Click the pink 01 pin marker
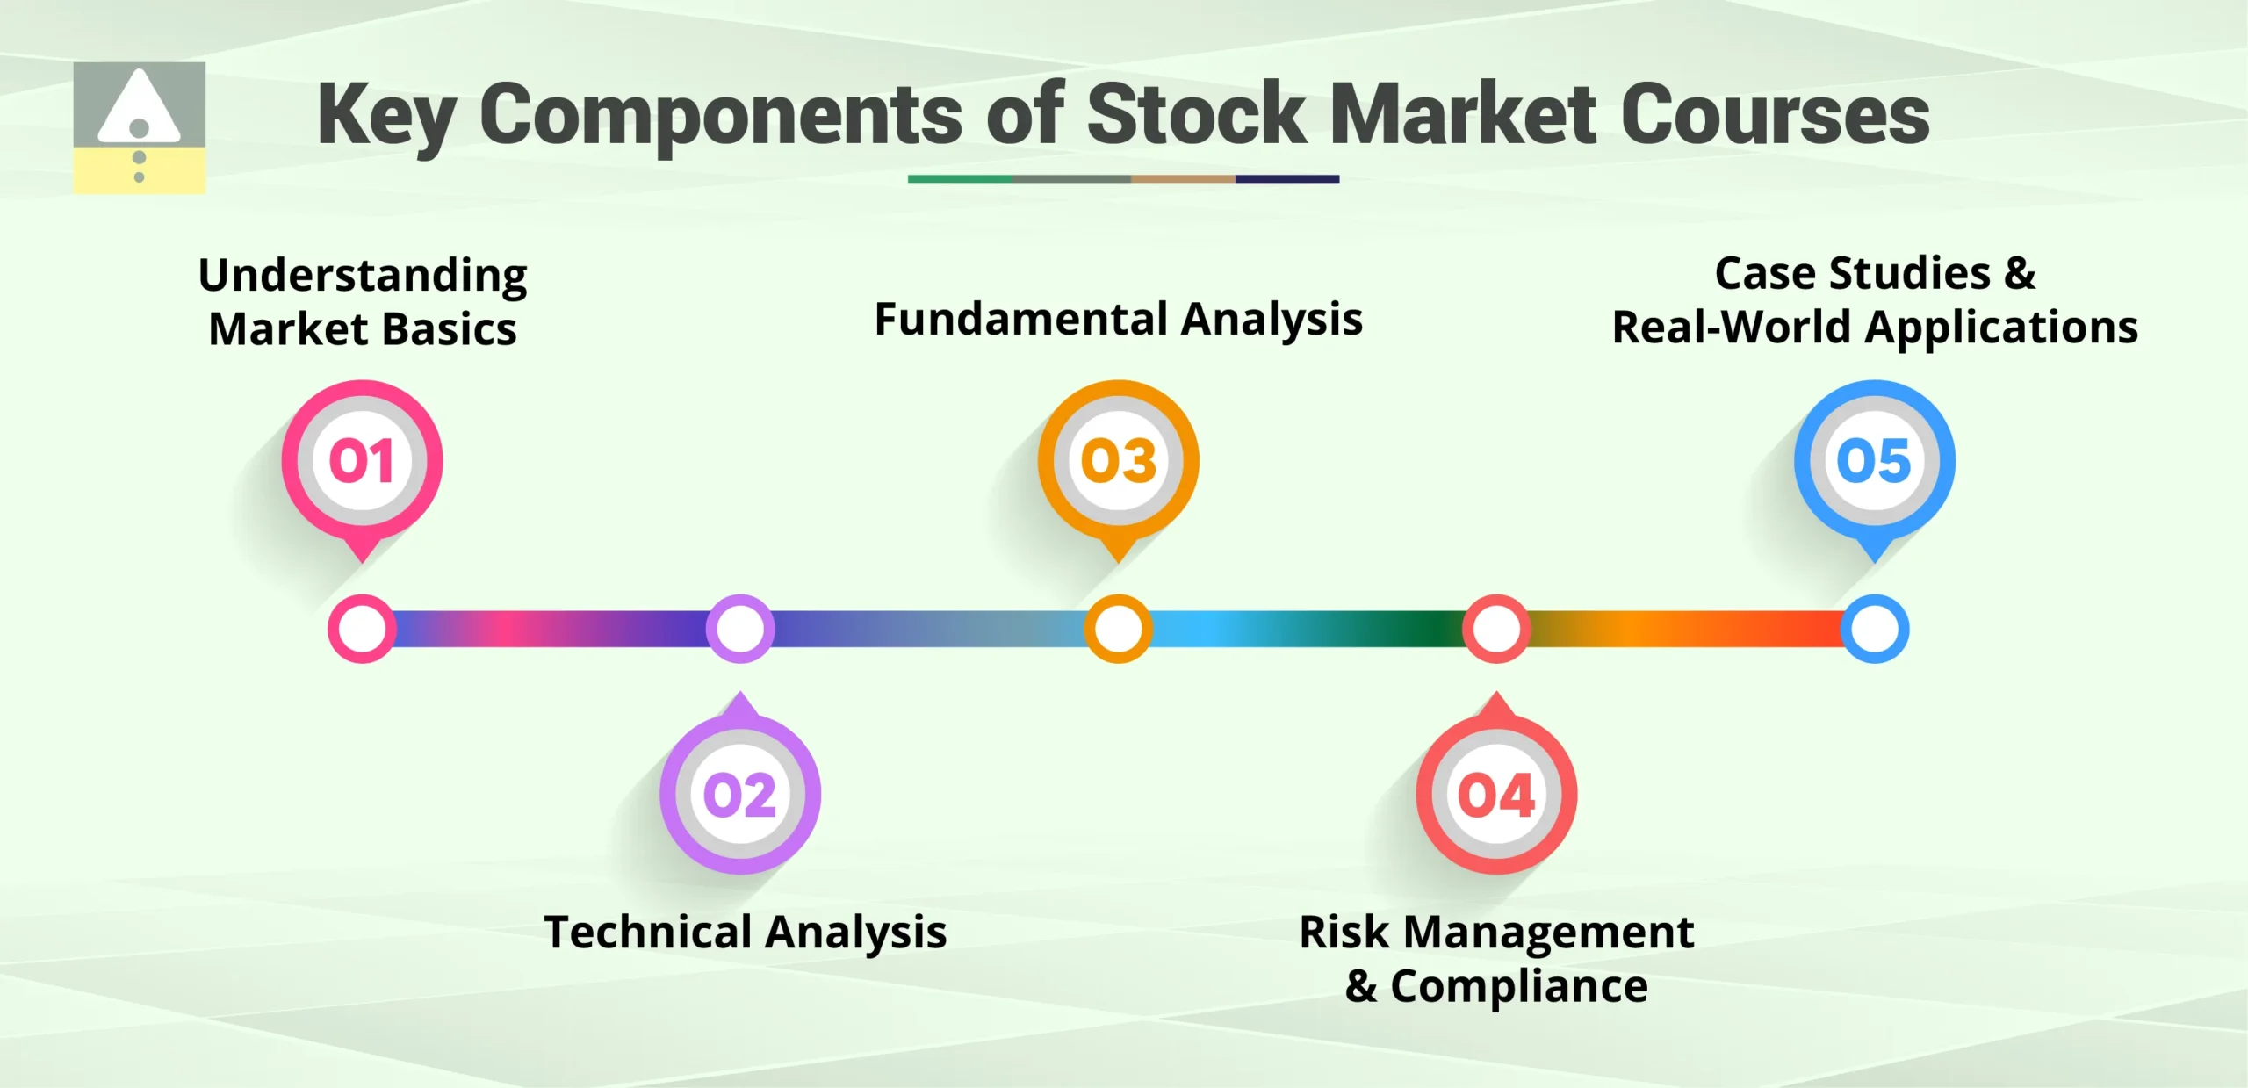click(362, 461)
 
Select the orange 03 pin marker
click(1118, 461)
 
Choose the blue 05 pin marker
click(1874, 461)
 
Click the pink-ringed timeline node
click(362, 629)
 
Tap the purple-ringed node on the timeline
click(740, 629)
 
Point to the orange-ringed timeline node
click(1118, 629)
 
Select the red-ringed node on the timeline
click(1496, 629)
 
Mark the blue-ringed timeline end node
click(1874, 629)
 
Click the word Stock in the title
click(1196, 114)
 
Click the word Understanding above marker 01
click(363, 276)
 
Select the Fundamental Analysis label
click(1118, 319)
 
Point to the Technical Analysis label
click(745, 932)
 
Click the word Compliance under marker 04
click(1518, 986)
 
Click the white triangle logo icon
click(139, 110)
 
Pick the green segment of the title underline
click(959, 179)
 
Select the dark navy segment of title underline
click(1286, 179)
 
